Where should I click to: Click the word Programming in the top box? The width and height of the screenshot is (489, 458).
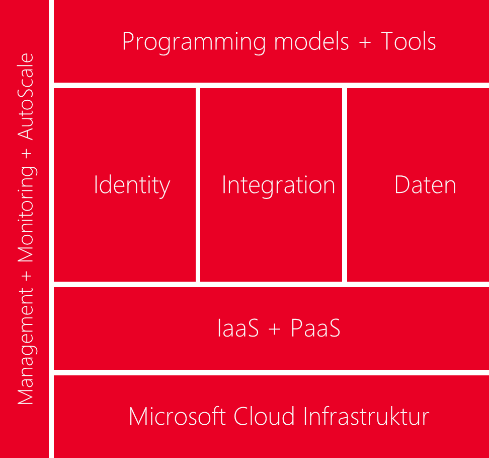tap(194, 43)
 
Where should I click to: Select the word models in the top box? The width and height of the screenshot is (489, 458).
tap(311, 41)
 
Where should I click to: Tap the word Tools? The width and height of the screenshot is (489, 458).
tap(408, 41)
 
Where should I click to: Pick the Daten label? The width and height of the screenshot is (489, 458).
tap(425, 184)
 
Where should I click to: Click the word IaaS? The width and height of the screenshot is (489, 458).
tap(238, 328)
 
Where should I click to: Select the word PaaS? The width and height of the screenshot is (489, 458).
tap(315, 328)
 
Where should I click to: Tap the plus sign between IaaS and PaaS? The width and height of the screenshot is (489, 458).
tap(275, 329)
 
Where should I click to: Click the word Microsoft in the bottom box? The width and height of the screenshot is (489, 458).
tap(177, 416)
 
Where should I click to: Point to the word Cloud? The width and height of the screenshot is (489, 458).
tap(264, 416)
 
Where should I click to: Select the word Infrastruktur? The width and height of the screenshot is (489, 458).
tap(366, 416)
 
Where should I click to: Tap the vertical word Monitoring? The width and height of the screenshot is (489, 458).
tap(27, 214)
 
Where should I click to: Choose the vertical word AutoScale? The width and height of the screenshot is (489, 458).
tap(25, 97)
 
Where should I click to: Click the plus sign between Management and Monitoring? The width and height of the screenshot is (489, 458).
tap(27, 276)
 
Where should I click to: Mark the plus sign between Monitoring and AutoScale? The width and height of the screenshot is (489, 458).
tap(27, 153)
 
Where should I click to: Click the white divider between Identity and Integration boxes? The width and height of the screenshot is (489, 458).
tap(198, 185)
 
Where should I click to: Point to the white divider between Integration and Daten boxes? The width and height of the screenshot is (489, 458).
tap(344, 185)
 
